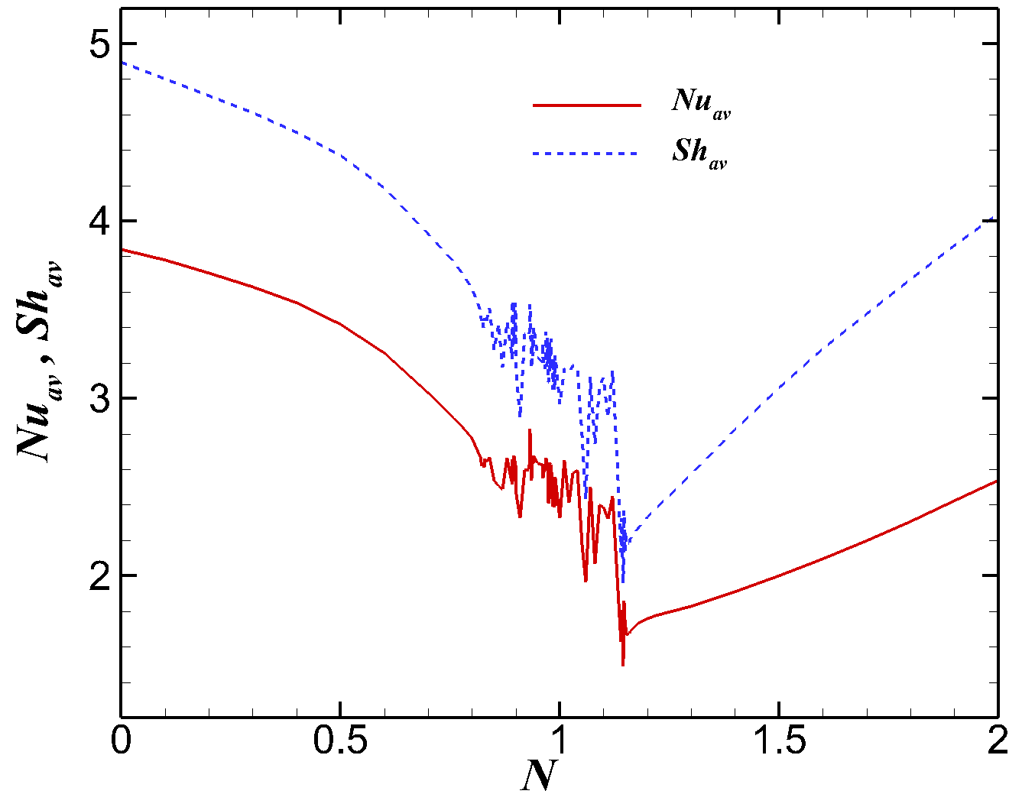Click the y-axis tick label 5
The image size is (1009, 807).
coord(98,44)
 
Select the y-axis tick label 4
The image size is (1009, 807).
coord(98,222)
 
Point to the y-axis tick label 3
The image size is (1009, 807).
coord(98,399)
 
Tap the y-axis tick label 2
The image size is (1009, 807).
coord(98,575)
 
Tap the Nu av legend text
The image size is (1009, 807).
coord(701,103)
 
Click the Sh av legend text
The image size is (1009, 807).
coord(699,153)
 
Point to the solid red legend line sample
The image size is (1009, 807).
coord(586,105)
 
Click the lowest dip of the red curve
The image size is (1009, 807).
coord(623,664)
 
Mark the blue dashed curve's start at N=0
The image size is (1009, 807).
coord(122,63)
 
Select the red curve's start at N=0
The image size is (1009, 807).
coord(122,250)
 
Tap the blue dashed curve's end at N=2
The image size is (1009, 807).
coord(996,217)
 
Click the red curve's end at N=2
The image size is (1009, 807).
coord(996,481)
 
